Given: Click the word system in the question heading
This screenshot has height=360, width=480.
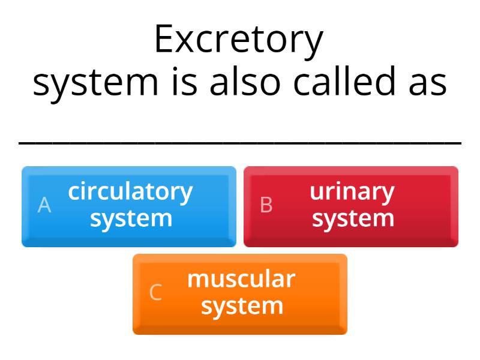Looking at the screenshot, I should point(95,83).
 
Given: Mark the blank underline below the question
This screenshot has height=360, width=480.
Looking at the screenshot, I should point(240,143).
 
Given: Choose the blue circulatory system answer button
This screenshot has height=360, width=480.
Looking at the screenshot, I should point(129,206).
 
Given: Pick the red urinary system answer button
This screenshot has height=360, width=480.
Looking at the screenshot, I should point(351,206).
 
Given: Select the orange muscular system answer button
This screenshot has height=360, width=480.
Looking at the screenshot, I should point(240,294).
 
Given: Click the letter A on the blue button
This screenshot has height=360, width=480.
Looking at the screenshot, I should point(44,205).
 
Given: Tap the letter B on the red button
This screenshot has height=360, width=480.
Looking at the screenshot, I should point(266,205).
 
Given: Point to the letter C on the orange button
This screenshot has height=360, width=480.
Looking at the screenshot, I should point(155,293).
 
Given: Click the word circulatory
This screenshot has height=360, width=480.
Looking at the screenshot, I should point(130,192).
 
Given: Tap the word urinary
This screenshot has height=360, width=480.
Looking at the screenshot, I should point(352,192).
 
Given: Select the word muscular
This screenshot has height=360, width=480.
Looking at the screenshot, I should point(241,279).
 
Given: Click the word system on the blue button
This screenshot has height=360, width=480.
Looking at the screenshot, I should point(131,218).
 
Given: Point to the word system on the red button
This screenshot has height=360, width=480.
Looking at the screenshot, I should point(353,218).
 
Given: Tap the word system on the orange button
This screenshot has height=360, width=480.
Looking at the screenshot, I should point(242,306).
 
